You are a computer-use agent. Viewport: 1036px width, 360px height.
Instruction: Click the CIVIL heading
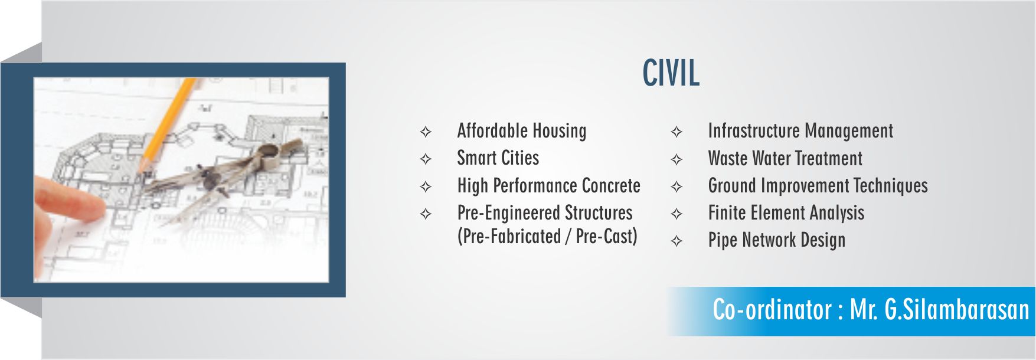pyautogui.click(x=671, y=73)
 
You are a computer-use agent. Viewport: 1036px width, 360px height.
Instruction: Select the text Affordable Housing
pyautogui.click(x=522, y=131)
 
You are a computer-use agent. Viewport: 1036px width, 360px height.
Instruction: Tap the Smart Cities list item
pyautogui.click(x=498, y=158)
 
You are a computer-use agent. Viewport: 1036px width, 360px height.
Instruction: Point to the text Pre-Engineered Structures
pyautogui.click(x=545, y=212)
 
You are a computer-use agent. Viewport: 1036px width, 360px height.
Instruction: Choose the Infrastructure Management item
pyautogui.click(x=800, y=131)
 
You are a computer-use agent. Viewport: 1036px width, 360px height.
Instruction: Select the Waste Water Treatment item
pyautogui.click(x=785, y=158)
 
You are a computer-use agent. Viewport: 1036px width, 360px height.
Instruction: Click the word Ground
pyautogui.click(x=732, y=185)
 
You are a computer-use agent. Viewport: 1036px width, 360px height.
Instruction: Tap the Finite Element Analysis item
pyautogui.click(x=786, y=213)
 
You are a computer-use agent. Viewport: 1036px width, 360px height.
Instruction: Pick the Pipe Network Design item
pyautogui.click(x=777, y=240)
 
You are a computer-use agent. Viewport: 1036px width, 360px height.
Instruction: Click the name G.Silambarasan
pyautogui.click(x=956, y=310)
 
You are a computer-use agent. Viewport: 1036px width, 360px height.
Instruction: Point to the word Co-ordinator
pyautogui.click(x=772, y=310)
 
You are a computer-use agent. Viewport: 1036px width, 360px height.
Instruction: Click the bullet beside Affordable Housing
pyautogui.click(x=426, y=132)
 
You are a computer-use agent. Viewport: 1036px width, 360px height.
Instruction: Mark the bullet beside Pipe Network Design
pyautogui.click(x=676, y=241)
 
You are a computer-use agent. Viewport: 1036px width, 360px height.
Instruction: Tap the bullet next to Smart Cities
pyautogui.click(x=426, y=159)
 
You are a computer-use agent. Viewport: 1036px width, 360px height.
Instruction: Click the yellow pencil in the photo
pyautogui.click(x=168, y=124)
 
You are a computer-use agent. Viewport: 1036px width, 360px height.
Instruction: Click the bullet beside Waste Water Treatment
pyautogui.click(x=676, y=159)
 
